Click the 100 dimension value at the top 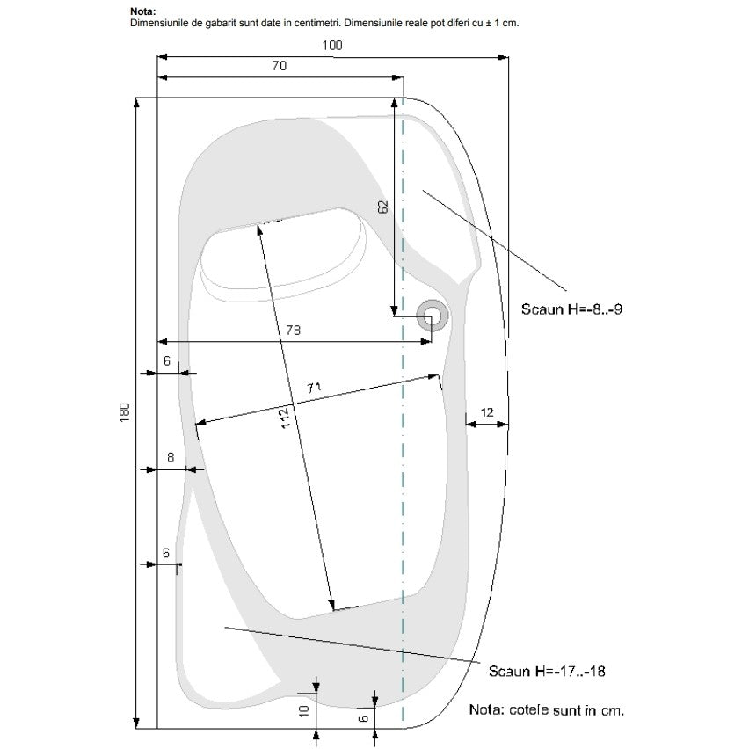click(x=332, y=46)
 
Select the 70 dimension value click(x=279, y=65)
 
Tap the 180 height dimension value click(x=124, y=412)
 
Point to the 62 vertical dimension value click(x=383, y=207)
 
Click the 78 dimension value click(x=294, y=330)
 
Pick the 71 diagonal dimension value click(x=314, y=388)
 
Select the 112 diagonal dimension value click(x=285, y=418)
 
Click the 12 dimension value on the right click(x=487, y=412)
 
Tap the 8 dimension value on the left click(x=171, y=458)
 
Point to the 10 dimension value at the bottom click(x=304, y=711)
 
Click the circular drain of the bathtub click(x=433, y=316)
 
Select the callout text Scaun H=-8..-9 click(x=571, y=309)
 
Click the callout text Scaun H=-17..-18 click(x=547, y=671)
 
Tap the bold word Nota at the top click(x=142, y=11)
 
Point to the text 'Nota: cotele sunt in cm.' click(x=547, y=709)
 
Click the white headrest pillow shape click(x=283, y=252)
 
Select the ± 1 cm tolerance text click(x=502, y=23)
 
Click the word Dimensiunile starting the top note click(x=159, y=23)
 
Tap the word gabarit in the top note click(x=221, y=23)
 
